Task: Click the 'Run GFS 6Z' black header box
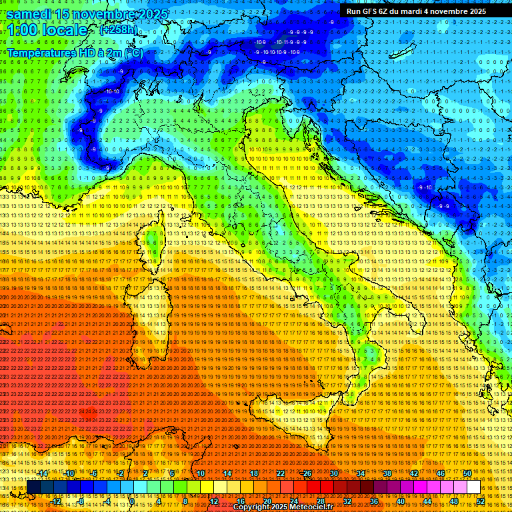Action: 416,11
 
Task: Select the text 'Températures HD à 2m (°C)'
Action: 75,52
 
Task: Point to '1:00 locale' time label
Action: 46,30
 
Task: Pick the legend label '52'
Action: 481,501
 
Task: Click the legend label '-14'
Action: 43,473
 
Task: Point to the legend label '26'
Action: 307,473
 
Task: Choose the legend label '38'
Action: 387,473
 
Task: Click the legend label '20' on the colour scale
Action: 267,501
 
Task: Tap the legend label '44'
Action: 427,501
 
